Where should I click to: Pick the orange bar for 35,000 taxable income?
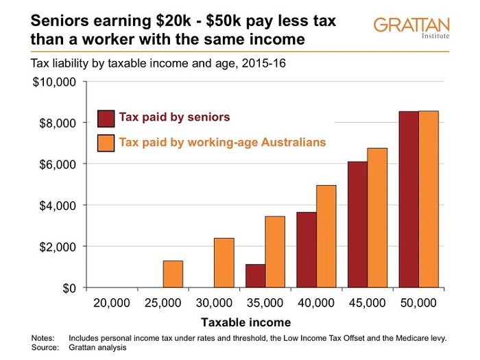[x=275, y=252]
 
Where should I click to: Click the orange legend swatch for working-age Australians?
[x=106, y=143]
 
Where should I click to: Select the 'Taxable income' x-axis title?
[x=245, y=322]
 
